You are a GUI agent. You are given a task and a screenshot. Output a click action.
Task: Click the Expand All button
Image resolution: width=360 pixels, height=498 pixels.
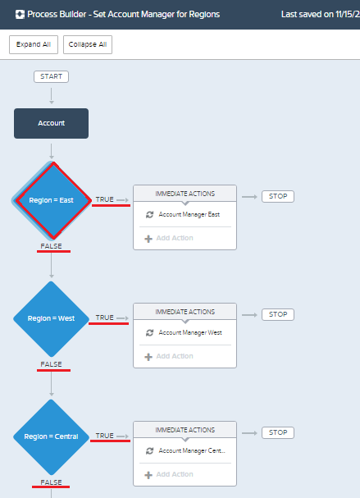point(34,44)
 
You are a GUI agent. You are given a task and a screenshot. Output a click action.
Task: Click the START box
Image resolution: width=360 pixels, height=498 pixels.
point(51,76)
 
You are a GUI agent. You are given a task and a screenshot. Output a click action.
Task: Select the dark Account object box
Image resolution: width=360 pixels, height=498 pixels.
point(51,123)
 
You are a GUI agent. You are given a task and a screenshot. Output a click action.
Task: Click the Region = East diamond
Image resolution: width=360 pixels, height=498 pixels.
point(52,200)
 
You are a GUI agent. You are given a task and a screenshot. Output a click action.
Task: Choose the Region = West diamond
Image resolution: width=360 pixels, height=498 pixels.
point(51,319)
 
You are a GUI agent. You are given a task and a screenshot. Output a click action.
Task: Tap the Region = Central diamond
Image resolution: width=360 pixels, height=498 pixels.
point(51,437)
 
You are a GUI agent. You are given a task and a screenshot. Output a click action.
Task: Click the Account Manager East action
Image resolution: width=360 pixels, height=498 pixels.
point(189,214)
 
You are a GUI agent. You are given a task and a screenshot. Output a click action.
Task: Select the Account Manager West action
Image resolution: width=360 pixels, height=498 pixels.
point(190,332)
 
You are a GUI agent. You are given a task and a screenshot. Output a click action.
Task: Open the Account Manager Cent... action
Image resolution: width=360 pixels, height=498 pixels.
point(192,450)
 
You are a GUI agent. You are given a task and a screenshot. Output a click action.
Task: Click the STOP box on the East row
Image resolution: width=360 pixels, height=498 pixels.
point(278,196)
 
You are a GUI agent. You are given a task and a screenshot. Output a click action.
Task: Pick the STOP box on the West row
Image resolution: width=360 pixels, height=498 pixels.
point(278,314)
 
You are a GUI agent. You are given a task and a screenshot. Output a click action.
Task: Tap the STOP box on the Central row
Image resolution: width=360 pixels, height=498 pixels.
point(278,432)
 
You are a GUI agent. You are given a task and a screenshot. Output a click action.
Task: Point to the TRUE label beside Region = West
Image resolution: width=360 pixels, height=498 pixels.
point(104,318)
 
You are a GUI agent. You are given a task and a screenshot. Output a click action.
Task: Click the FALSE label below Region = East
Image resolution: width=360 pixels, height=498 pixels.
point(51,246)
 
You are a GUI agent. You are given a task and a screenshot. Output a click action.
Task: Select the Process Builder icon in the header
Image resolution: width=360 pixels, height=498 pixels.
point(20,15)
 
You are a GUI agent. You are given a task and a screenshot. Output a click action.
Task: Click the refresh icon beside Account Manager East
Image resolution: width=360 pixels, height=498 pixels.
point(149,215)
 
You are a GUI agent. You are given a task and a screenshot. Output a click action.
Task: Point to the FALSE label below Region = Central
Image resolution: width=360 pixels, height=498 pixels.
point(51,482)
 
